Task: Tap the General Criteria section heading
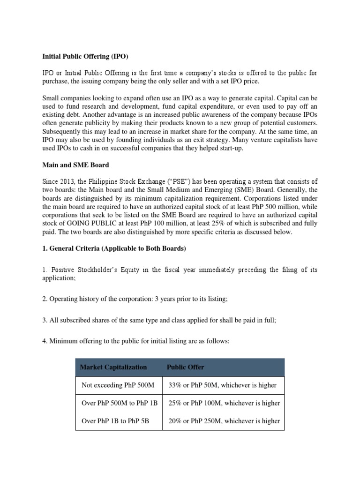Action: click(114, 249)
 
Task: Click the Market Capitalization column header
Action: click(113, 367)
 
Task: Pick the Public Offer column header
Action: click(185, 367)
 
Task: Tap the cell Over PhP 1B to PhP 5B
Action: click(115, 421)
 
